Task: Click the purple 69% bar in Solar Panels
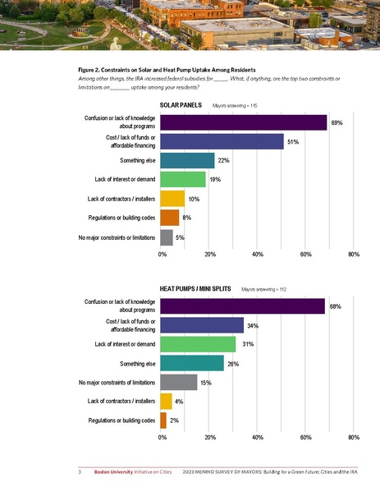coord(243,122)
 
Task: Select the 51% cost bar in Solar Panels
coord(222,141)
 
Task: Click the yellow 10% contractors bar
coord(172,198)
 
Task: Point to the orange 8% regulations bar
coord(170,218)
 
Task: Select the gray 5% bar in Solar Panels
coord(167,237)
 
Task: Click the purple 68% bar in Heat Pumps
coord(242,306)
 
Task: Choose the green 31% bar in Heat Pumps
coord(198,344)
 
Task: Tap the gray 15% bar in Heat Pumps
coord(178,382)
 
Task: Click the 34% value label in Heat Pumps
coord(253,326)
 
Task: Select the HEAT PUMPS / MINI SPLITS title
coord(195,290)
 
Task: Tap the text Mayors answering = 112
coord(263,290)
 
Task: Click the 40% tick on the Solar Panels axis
coord(257,255)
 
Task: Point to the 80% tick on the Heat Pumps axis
coord(354,438)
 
